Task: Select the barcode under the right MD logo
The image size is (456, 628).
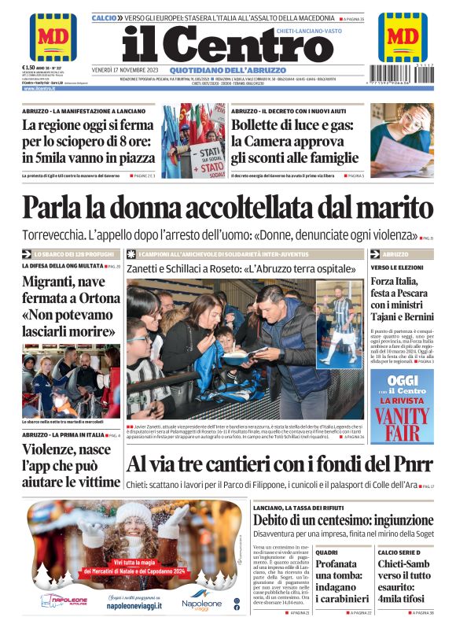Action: point(403,76)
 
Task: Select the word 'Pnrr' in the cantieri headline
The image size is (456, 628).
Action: point(401,464)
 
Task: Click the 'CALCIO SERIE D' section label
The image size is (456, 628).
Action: point(398,552)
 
